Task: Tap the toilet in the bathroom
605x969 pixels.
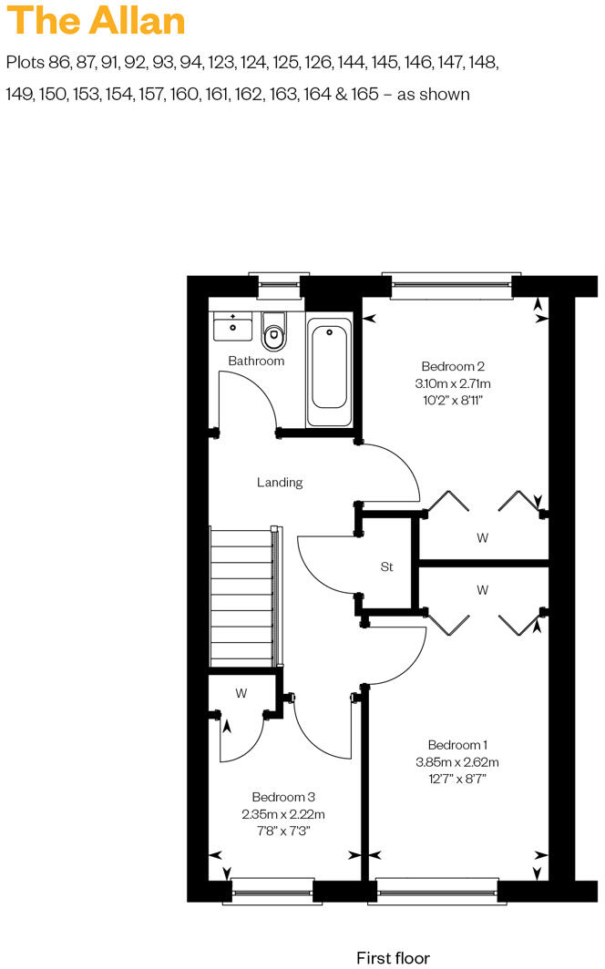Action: (273, 332)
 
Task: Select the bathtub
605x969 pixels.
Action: (330, 372)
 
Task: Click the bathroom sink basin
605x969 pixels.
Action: (233, 325)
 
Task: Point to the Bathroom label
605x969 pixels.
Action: (256, 361)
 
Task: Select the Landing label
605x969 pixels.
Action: (279, 483)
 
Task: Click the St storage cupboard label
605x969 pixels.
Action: (386, 566)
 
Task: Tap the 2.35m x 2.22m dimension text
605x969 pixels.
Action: (282, 813)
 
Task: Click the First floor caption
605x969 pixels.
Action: (393, 957)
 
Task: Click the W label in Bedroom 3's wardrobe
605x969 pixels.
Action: (241, 693)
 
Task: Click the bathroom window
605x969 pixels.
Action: (279, 286)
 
